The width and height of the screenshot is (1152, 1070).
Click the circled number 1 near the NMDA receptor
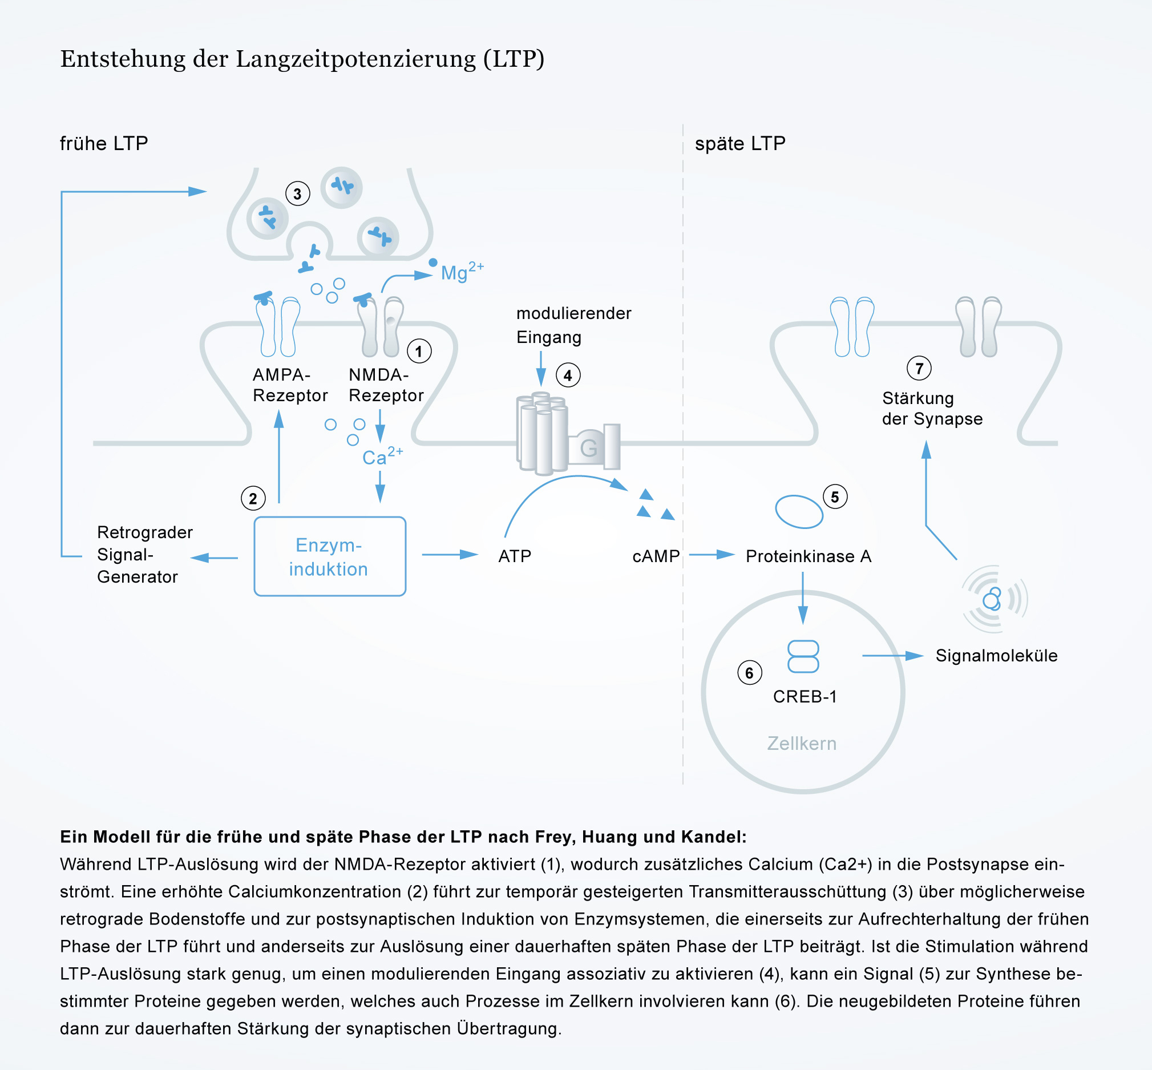pyautogui.click(x=419, y=351)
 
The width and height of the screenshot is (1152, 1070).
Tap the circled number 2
pyautogui.click(x=253, y=498)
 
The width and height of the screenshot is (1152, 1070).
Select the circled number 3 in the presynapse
pyautogui.click(x=297, y=193)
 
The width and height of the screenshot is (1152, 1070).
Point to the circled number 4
pyautogui.click(x=568, y=375)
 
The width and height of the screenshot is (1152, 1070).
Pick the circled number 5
pyautogui.click(x=835, y=496)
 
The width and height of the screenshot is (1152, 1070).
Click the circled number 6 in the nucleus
pyautogui.click(x=750, y=672)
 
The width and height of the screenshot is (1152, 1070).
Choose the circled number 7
pyautogui.click(x=919, y=368)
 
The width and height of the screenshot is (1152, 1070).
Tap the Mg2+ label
pyautogui.click(x=462, y=272)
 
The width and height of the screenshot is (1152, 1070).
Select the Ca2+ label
pyautogui.click(x=383, y=457)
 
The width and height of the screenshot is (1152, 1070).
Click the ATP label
pyautogui.click(x=515, y=556)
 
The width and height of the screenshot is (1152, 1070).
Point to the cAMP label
pyautogui.click(x=656, y=556)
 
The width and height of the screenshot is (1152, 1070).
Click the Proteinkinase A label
pyautogui.click(x=808, y=556)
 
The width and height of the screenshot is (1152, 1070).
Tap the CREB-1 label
pyautogui.click(x=805, y=697)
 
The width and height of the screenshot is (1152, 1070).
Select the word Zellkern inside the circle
pyautogui.click(x=802, y=744)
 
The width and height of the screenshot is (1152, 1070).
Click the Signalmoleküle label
pyautogui.click(x=996, y=656)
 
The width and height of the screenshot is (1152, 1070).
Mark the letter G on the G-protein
pyautogui.click(x=588, y=447)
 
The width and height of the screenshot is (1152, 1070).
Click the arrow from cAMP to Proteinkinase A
pyautogui.click(x=712, y=555)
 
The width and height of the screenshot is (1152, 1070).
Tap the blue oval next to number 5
pyautogui.click(x=799, y=512)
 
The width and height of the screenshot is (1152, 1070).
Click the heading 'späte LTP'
pyautogui.click(x=740, y=143)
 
